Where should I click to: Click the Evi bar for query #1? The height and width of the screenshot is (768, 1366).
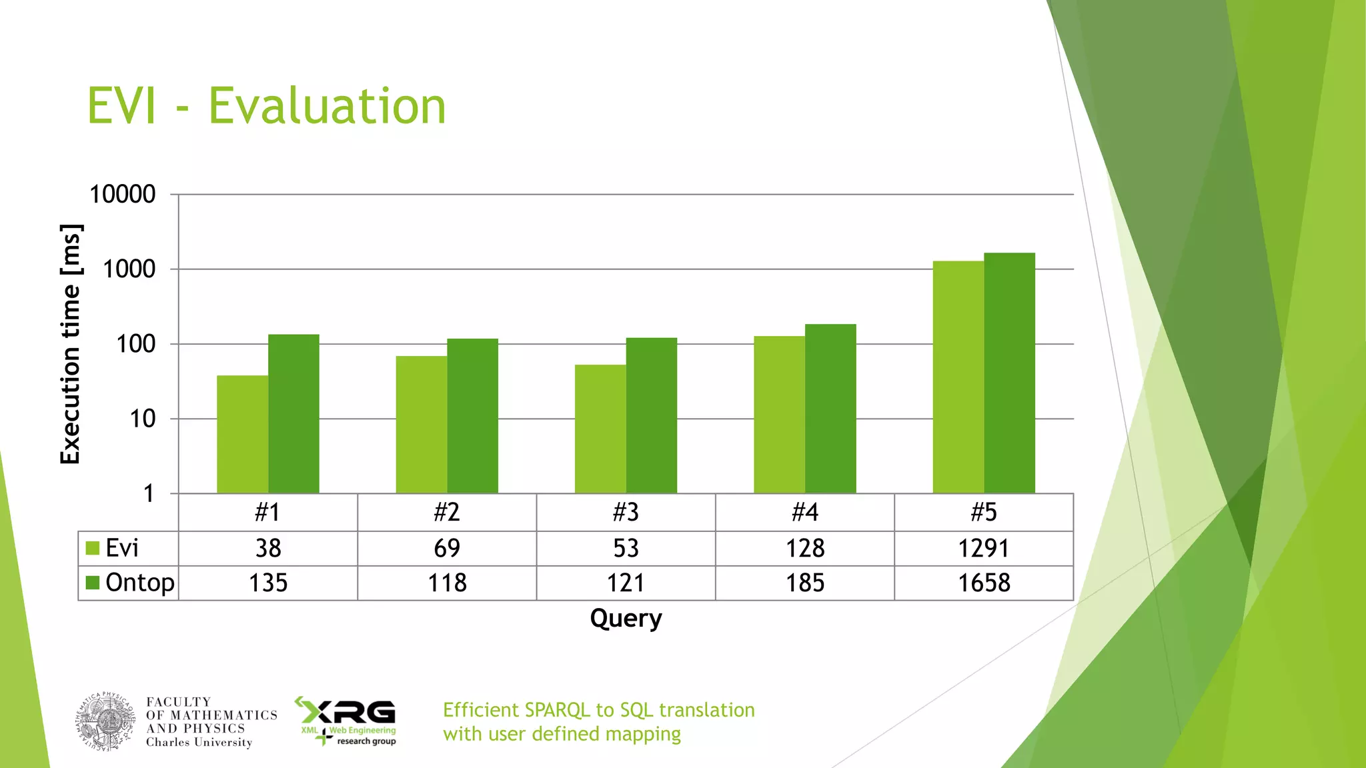click(242, 434)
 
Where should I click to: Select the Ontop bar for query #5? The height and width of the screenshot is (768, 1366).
click(1009, 373)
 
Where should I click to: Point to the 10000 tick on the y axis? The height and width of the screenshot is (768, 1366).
click(123, 195)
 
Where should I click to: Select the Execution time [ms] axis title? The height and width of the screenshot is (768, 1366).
click(71, 344)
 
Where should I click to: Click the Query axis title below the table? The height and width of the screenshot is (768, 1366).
click(626, 618)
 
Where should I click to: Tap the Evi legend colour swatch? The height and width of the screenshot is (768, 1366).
click(93, 549)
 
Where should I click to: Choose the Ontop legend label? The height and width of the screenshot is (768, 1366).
click(140, 583)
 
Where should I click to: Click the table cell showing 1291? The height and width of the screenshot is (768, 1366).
click(984, 549)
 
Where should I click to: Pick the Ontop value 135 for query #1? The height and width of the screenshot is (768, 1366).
click(268, 583)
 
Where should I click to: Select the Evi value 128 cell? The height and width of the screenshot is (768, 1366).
click(805, 549)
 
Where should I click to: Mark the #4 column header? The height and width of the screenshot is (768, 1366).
click(805, 512)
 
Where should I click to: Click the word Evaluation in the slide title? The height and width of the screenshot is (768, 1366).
click(327, 107)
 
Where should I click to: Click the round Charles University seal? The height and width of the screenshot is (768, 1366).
click(106, 722)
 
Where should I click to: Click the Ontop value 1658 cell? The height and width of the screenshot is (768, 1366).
click(984, 583)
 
